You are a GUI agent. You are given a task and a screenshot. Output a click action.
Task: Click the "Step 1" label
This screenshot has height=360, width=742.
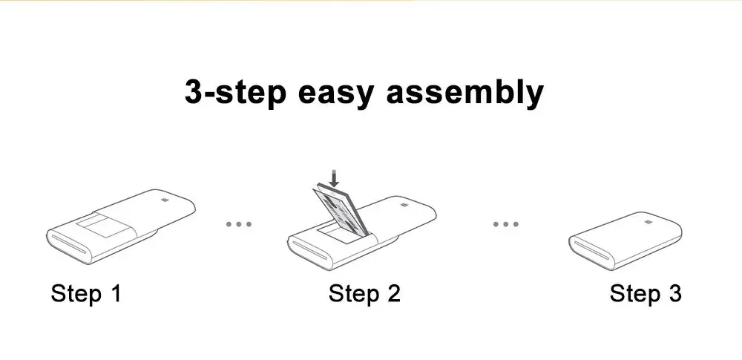(85, 293)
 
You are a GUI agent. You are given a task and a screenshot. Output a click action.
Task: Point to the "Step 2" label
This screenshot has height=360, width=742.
(364, 293)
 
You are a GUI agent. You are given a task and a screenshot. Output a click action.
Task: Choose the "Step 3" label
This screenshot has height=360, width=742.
(645, 293)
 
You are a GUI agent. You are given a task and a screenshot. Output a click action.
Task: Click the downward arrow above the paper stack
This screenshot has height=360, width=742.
(335, 178)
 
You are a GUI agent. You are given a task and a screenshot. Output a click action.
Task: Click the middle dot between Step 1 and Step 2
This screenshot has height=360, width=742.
(239, 223)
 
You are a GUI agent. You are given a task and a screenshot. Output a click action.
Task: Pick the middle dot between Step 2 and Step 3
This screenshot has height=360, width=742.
(505, 223)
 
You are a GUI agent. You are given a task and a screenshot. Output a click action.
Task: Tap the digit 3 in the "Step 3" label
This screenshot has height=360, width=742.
(674, 293)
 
